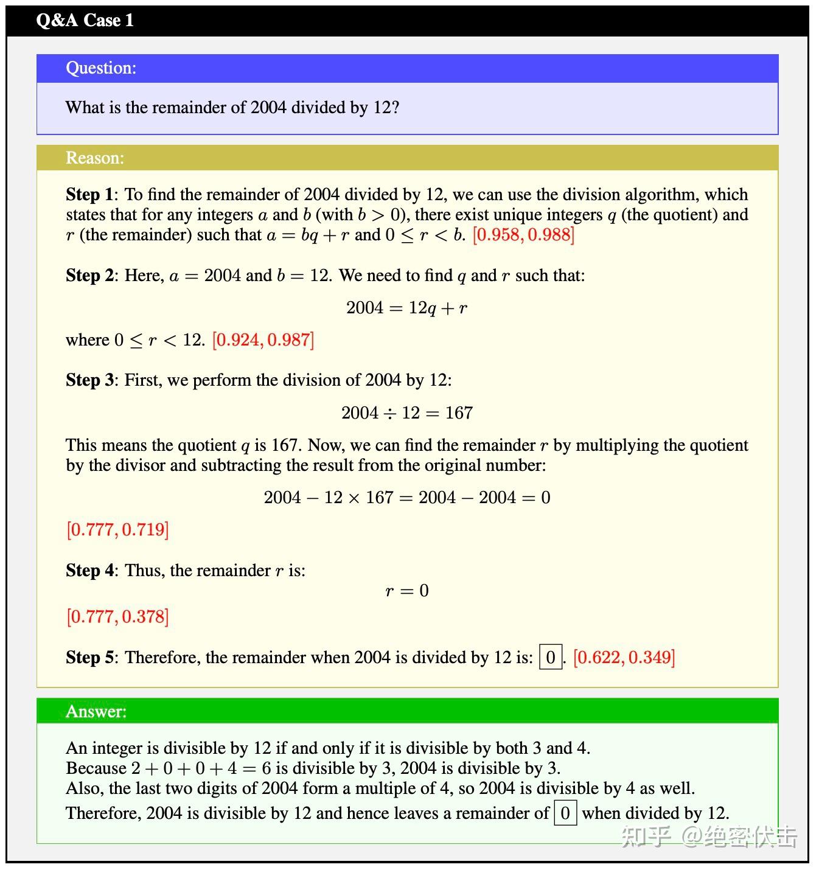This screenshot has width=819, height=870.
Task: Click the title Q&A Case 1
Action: (x=85, y=20)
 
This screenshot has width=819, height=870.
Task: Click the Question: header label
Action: (x=101, y=68)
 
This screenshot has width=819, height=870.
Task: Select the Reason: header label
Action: (x=95, y=158)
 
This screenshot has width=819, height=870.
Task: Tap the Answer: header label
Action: (x=96, y=711)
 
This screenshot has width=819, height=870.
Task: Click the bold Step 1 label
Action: (x=89, y=195)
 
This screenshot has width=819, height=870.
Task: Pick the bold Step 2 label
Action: (x=89, y=276)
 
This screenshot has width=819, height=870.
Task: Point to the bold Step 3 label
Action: (x=89, y=380)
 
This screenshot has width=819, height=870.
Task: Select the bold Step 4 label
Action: (x=89, y=571)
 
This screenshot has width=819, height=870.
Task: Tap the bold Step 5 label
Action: (x=89, y=658)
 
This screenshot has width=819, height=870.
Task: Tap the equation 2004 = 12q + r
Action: (x=406, y=308)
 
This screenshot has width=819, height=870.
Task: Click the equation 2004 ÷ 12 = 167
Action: (x=406, y=413)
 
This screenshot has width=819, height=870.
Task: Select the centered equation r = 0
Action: (x=406, y=591)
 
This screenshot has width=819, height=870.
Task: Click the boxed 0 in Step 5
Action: (x=551, y=657)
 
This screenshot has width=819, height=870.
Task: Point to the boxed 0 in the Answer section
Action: (x=565, y=813)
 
